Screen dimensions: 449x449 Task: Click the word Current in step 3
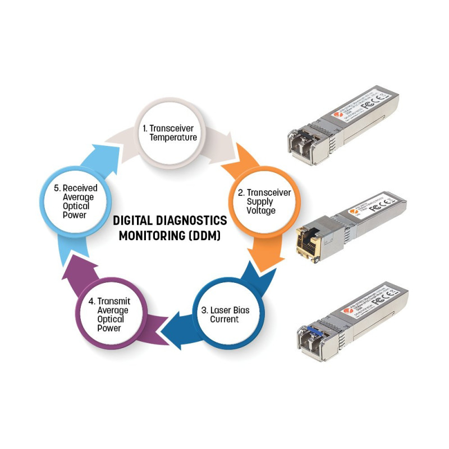point(224,319)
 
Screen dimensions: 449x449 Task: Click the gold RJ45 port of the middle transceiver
point(309,241)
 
